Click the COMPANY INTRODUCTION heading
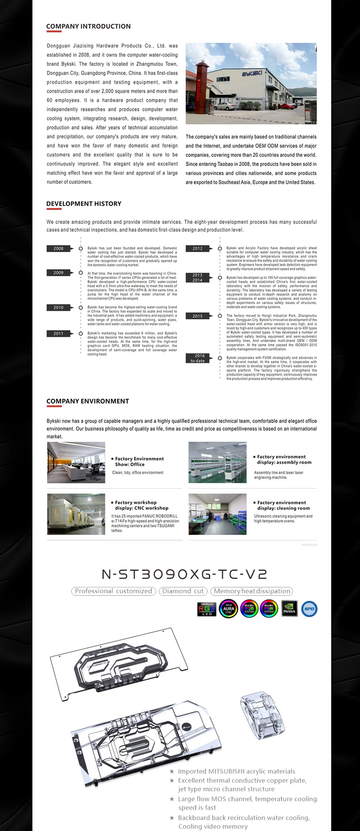coord(88,26)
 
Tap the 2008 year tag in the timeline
coord(58,248)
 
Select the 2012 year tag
coord(197,248)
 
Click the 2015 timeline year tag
coord(197,316)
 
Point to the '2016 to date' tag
coord(198,358)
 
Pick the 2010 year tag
coord(58,307)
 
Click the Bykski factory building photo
coord(251,83)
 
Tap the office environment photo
coord(76,462)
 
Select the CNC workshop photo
coord(76,514)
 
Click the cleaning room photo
coord(217,514)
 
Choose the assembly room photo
coord(217,462)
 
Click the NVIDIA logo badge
coord(289,609)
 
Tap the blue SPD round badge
coord(309,609)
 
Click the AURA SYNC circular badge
coord(229,609)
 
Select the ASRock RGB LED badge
coord(207,609)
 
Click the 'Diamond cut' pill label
coord(183,591)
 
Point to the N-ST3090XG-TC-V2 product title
coord(185,574)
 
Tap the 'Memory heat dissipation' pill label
coord(252,591)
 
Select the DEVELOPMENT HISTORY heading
coord(84,204)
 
